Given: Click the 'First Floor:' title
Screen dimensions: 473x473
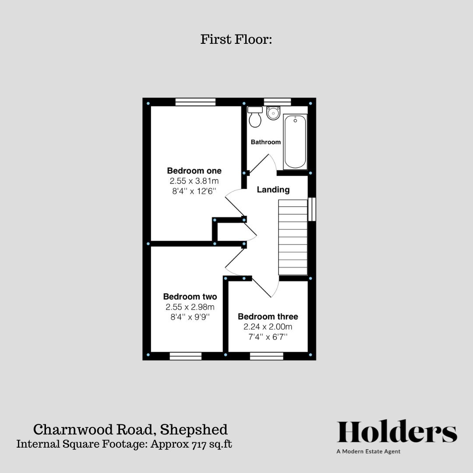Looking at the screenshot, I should [236, 39].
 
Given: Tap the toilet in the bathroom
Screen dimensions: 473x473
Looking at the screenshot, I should [255, 117].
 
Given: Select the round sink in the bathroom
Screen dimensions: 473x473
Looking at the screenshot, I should [273, 113].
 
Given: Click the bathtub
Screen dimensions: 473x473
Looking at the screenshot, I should [295, 141].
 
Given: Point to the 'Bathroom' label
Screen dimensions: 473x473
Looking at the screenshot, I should [265, 142].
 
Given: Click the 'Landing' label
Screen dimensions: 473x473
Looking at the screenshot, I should [273, 190].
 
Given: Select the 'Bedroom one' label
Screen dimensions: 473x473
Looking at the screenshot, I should [194, 170].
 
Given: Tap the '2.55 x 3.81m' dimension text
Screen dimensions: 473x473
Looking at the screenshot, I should [194, 181].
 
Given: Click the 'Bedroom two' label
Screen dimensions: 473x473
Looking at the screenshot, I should [190, 297].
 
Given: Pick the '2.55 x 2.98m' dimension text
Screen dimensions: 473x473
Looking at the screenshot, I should [190, 307].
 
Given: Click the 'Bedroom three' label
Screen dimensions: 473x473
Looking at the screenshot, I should [268, 316].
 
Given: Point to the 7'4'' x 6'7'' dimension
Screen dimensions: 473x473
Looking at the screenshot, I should [268, 337].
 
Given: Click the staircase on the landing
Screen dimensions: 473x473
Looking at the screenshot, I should [293, 236].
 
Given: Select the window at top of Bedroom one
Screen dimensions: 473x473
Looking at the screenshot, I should [195, 102].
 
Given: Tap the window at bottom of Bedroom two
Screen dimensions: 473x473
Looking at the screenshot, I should [185, 356].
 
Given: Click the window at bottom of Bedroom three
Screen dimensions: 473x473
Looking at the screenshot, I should [266, 356].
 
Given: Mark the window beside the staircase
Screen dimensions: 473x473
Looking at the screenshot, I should [311, 209].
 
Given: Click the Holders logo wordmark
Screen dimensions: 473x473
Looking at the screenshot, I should [397, 432].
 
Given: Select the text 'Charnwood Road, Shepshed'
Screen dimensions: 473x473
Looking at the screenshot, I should [131, 429].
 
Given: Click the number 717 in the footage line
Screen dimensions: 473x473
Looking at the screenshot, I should [199, 444].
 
